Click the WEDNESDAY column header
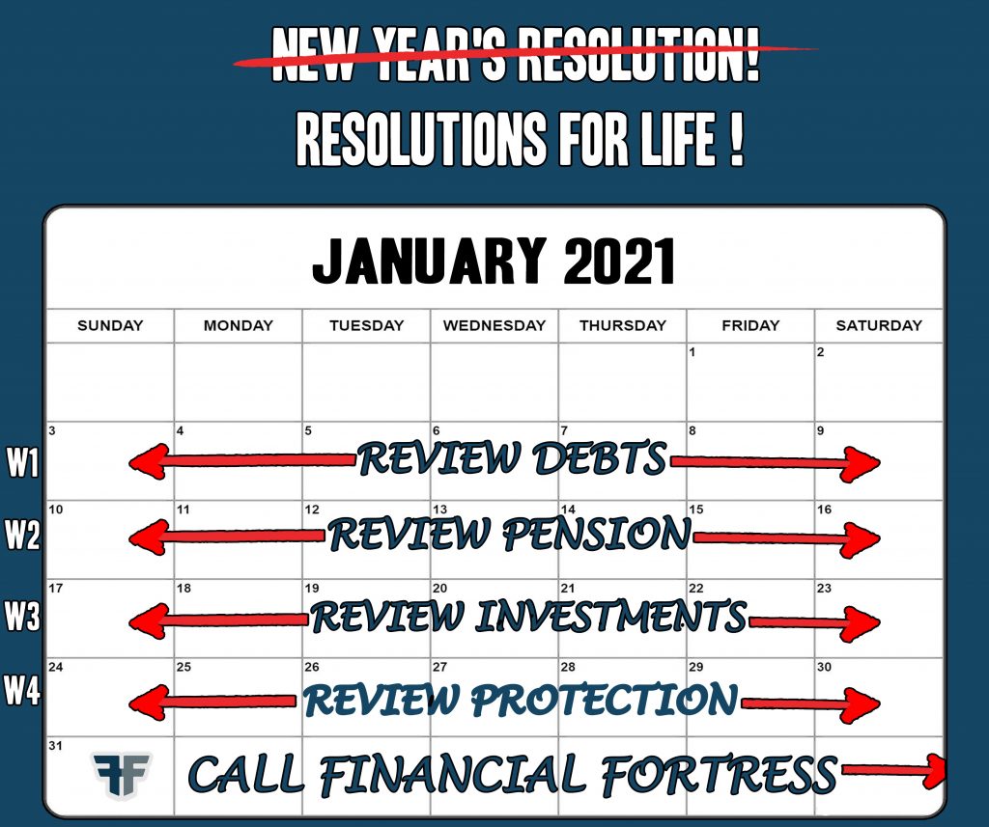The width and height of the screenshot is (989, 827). coord(494,325)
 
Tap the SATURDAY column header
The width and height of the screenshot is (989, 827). coord(879,325)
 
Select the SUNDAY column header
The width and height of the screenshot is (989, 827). coord(110,325)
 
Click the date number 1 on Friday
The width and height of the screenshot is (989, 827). coord(692,351)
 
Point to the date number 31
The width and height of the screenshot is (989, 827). coord(55,746)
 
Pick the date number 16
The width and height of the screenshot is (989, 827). coord(825,510)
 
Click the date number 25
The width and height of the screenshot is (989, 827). coord(184,667)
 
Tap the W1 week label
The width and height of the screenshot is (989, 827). coord(23,462)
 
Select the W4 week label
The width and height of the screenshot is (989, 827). coord(22,689)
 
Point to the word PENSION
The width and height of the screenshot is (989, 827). coord(597,534)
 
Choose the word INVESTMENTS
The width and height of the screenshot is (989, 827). coord(610,616)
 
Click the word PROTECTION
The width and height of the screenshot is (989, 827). coord(604,699)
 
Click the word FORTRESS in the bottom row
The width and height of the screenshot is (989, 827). coord(719,773)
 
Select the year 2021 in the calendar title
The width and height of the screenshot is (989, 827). coord(619,261)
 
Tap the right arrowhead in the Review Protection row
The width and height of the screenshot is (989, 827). coord(859,703)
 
